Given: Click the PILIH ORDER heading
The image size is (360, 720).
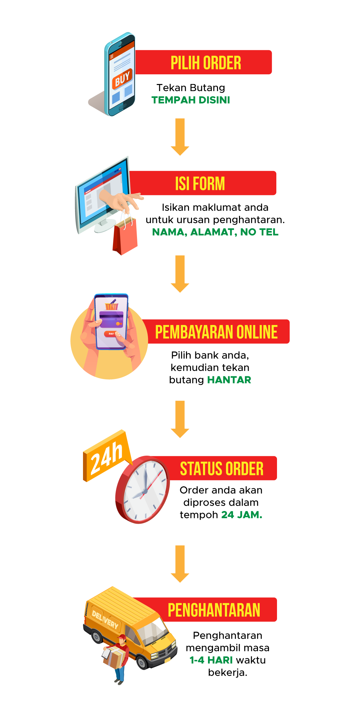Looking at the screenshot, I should pos(206,63).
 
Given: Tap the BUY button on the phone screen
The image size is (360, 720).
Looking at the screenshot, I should pos(122,79).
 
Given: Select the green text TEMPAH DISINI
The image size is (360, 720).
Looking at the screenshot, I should pos(191,100).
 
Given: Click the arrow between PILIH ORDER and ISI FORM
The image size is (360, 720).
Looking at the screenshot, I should pos(180,137).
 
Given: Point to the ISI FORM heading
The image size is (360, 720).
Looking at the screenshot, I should pos(200,183).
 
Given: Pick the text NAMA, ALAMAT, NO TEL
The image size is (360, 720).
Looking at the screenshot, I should pos(215,232).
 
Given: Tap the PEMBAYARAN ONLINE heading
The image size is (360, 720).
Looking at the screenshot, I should pos(216,332).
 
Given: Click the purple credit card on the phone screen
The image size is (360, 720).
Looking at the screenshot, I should pos(111,319).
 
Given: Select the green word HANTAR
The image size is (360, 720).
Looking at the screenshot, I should pos(229,380).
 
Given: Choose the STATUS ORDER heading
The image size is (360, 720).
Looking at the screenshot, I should pos(222,468).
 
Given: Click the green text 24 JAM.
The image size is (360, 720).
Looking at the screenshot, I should pos(242,515).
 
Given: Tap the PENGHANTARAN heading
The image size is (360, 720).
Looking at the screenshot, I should pos(214,610).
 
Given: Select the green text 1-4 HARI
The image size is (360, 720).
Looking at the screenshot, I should pos(211,660).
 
